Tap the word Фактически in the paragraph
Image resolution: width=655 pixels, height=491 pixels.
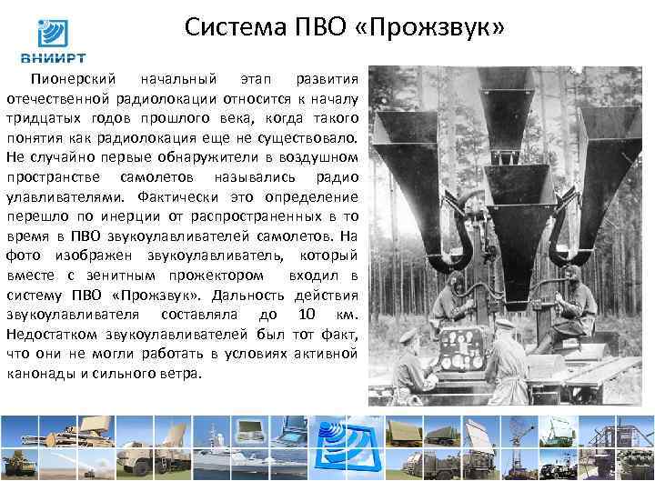coord(183,196)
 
